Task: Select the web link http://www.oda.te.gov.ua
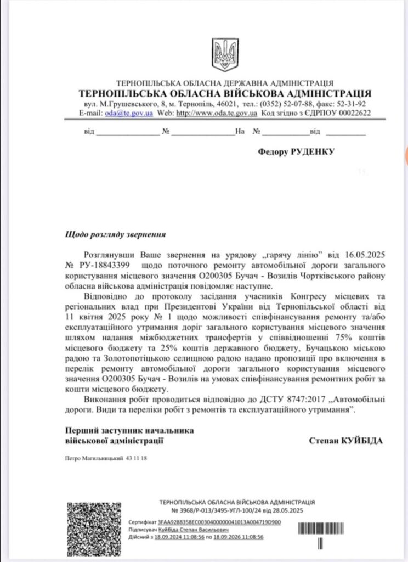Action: click(216, 113)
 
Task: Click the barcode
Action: click(323, 529)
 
